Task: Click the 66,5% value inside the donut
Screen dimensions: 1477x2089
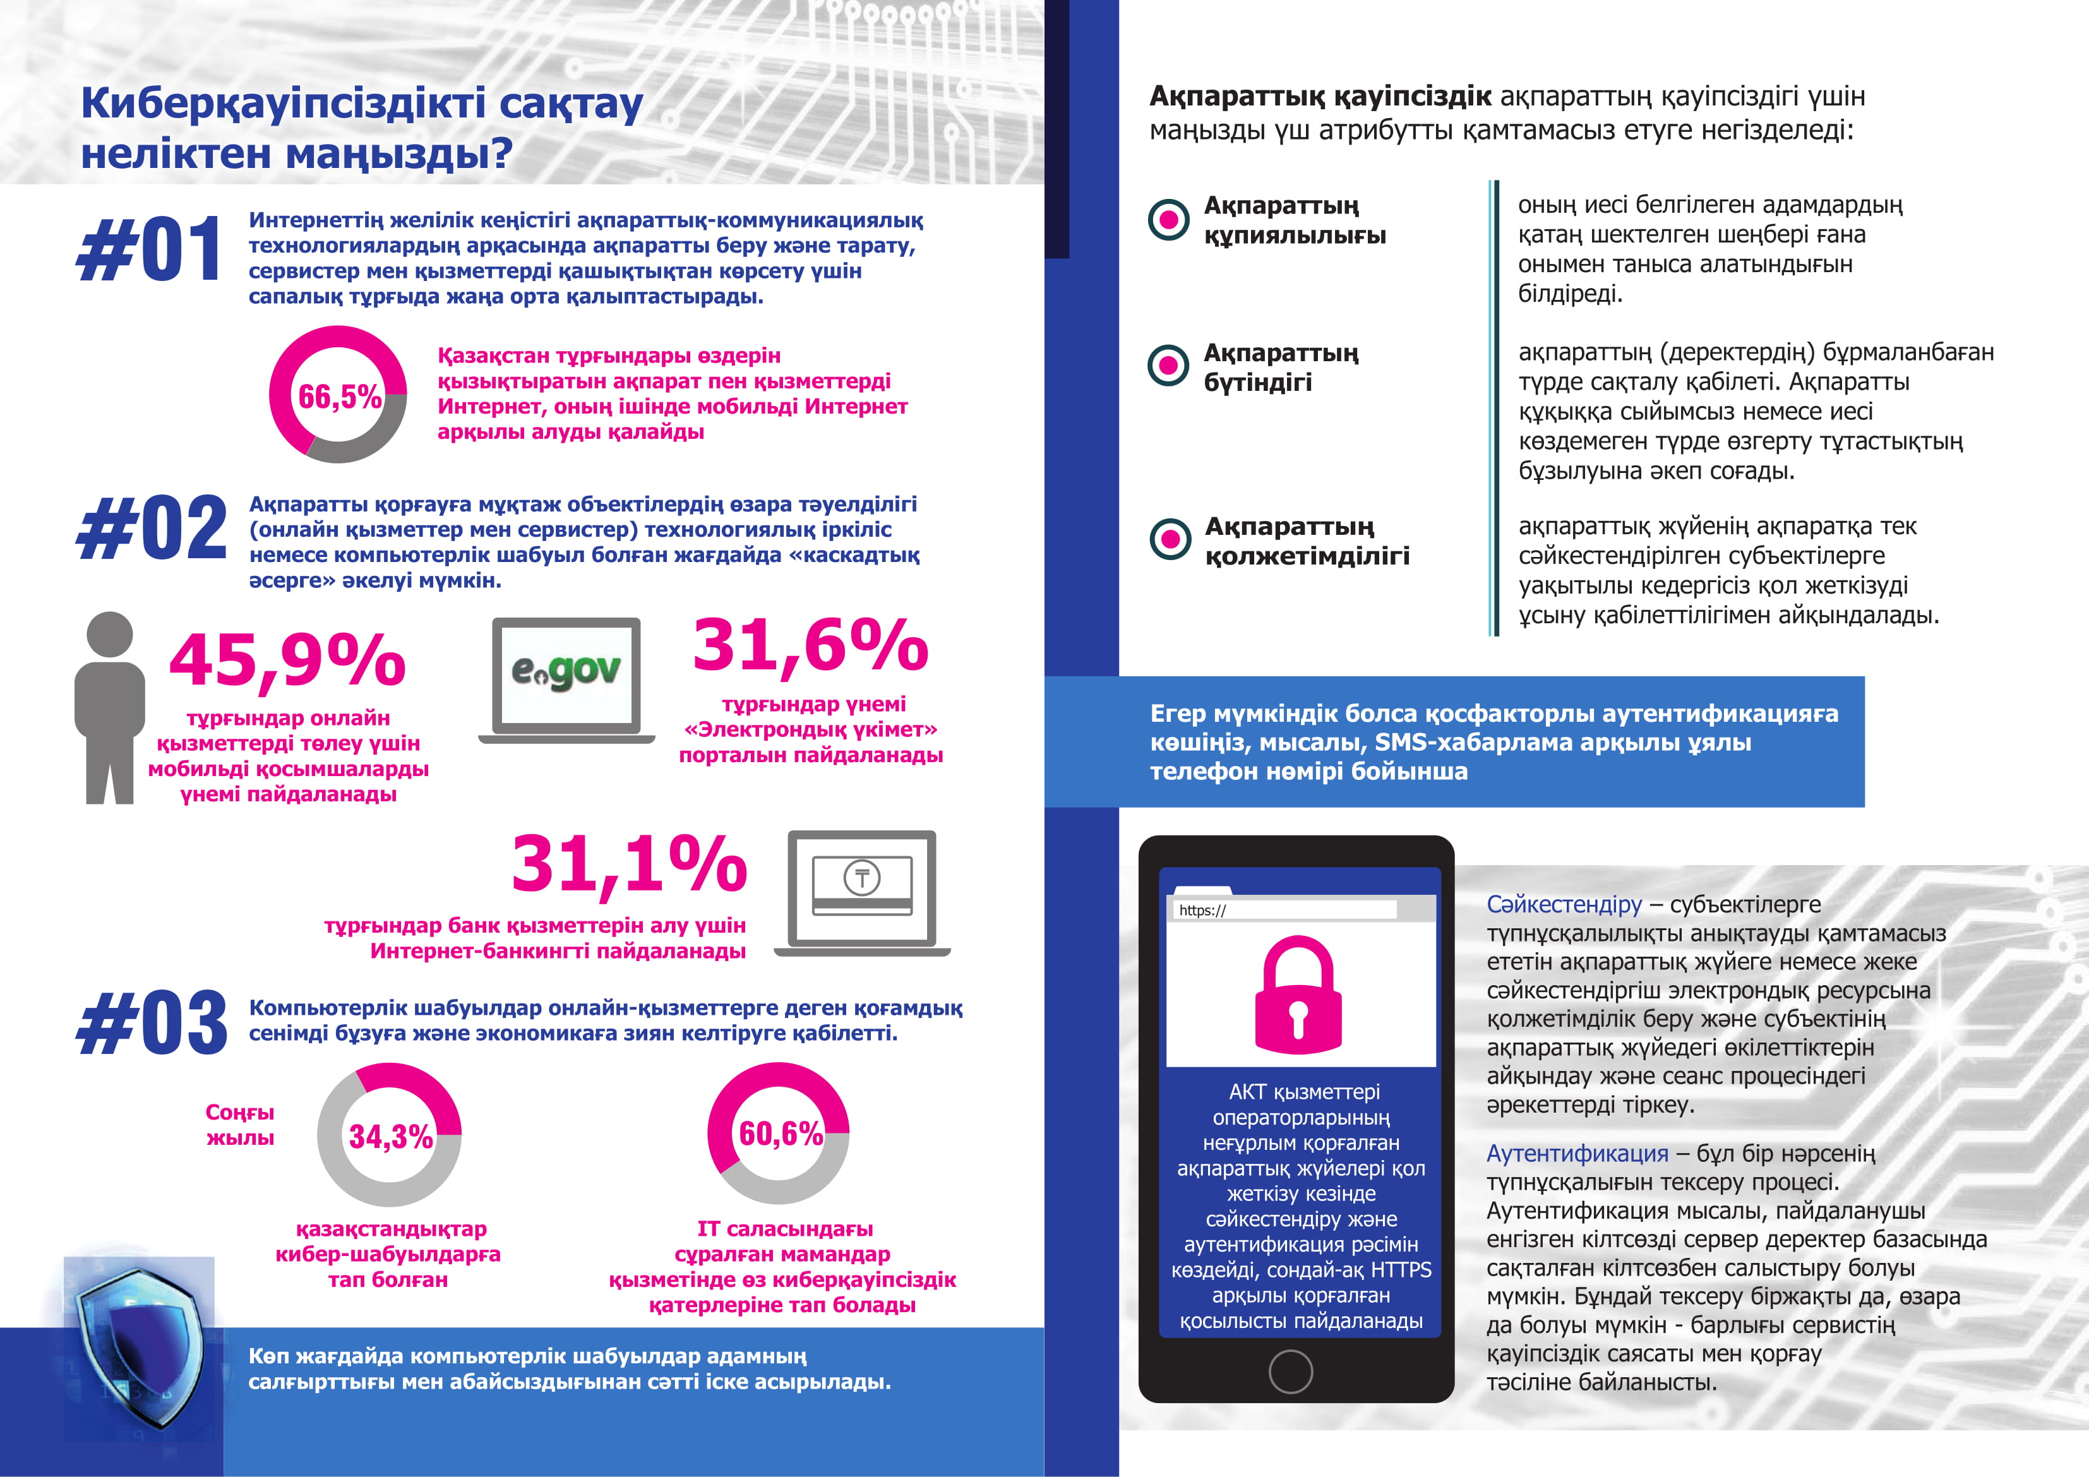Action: coord(339,396)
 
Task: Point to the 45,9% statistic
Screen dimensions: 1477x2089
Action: coord(287,659)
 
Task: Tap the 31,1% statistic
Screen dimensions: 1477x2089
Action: coord(629,863)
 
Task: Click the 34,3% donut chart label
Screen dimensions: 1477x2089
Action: coord(390,1136)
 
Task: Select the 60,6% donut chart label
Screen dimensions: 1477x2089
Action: coord(780,1133)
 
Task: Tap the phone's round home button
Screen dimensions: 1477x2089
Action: coord(1290,1370)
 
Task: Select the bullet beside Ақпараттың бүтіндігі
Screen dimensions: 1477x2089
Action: coord(1169,366)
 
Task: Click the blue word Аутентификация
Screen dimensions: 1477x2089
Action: coord(1577,1153)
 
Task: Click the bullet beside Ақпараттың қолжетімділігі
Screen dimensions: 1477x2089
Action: coord(1170,539)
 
